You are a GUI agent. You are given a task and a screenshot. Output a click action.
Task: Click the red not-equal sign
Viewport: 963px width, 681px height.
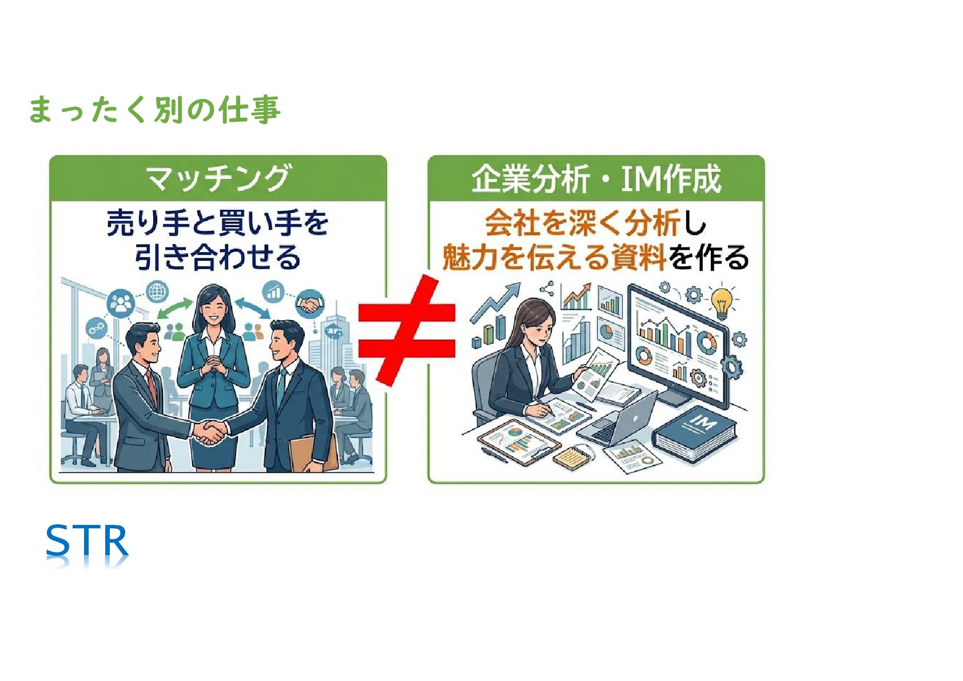click(407, 330)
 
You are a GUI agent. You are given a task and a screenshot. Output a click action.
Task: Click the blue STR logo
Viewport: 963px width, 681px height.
click(87, 541)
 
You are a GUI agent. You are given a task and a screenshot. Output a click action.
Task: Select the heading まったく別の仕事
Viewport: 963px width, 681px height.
click(154, 110)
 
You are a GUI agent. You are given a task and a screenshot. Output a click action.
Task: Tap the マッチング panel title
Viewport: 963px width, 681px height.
click(218, 178)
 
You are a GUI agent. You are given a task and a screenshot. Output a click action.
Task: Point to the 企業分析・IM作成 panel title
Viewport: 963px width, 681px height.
click(596, 178)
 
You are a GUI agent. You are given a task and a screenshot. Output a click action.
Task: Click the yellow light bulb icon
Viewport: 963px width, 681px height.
click(722, 301)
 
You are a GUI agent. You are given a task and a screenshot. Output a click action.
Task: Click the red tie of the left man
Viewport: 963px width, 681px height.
click(152, 386)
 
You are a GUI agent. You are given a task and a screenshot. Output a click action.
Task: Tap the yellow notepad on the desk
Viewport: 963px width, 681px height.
click(572, 457)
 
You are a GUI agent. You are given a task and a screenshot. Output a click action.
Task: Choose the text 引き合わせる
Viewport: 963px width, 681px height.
click(218, 257)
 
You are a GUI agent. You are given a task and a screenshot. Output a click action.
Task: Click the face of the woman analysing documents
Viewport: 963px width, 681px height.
click(538, 326)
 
